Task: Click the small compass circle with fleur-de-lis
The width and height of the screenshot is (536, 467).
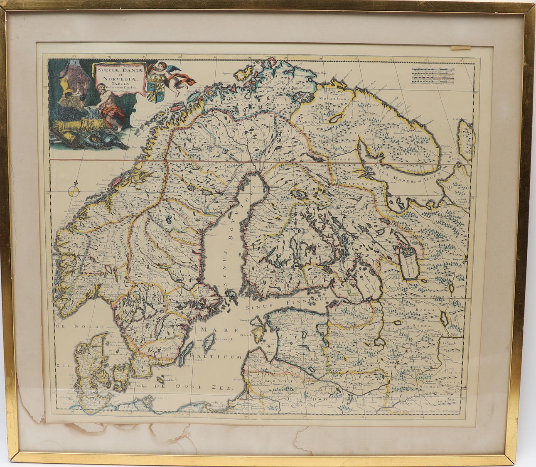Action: [73, 191]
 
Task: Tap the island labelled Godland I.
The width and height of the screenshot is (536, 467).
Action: [211, 343]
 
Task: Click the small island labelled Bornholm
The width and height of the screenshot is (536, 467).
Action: [160, 379]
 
